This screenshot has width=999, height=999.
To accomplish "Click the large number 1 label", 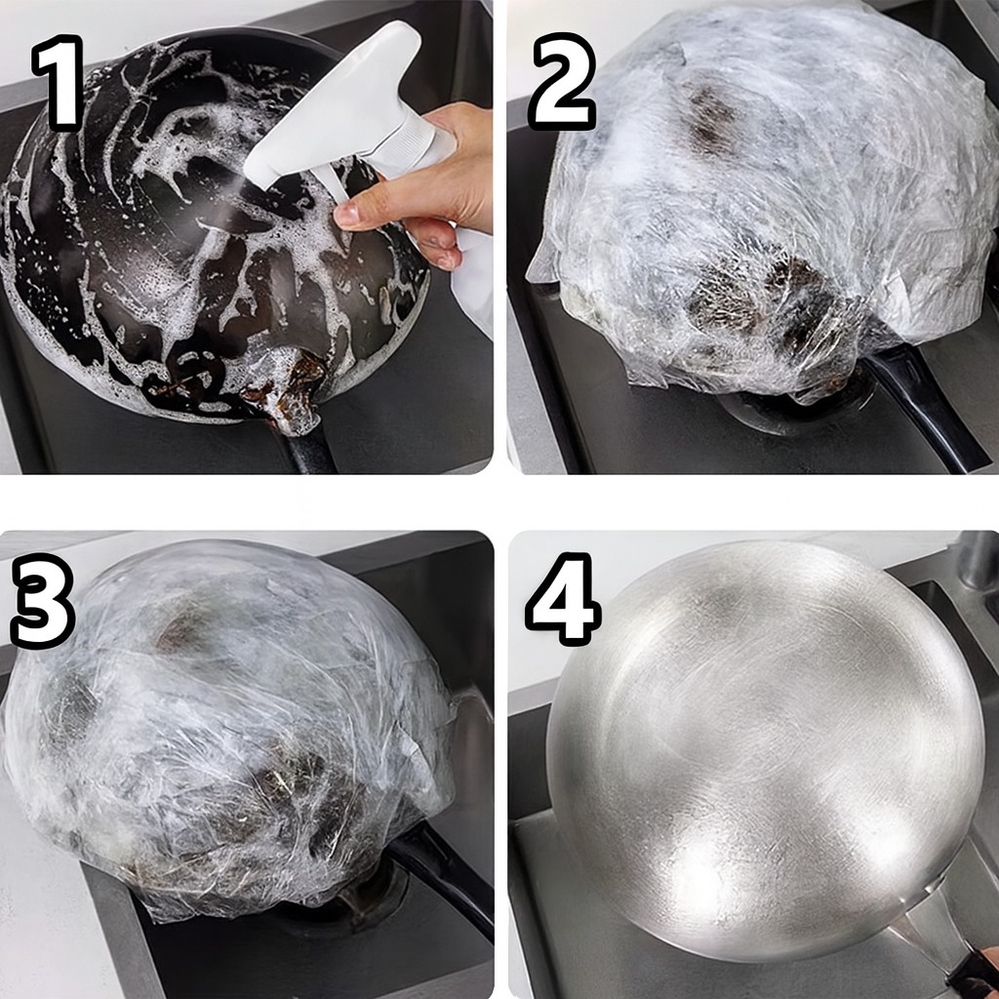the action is coord(59,83).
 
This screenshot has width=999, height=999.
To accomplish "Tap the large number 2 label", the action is coord(562,84).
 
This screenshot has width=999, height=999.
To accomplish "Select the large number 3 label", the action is coord(42,601).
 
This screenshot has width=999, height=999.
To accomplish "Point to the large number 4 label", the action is coord(563,598).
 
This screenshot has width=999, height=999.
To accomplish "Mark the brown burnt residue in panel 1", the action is coord(280,387).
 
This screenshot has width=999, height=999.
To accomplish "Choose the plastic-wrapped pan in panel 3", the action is coord(229,726).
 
